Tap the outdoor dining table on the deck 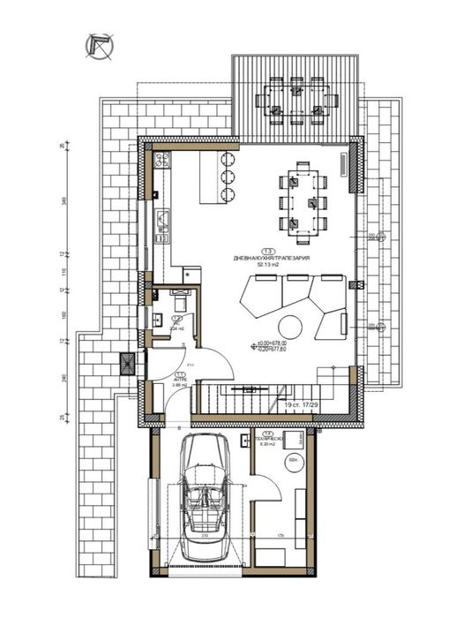pos(295,99)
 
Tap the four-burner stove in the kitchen pos(162,161)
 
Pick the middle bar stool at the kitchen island pos(228,177)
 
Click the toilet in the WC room pos(180,297)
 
